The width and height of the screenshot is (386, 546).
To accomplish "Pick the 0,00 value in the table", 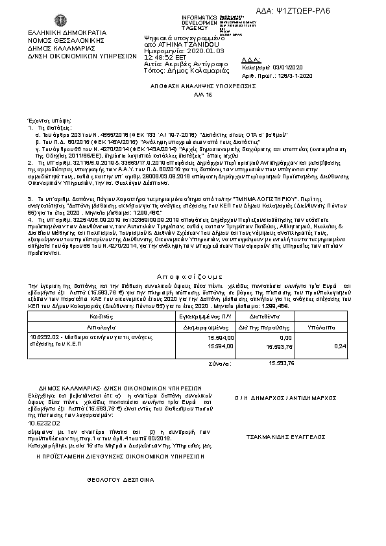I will [x=285, y=338].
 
